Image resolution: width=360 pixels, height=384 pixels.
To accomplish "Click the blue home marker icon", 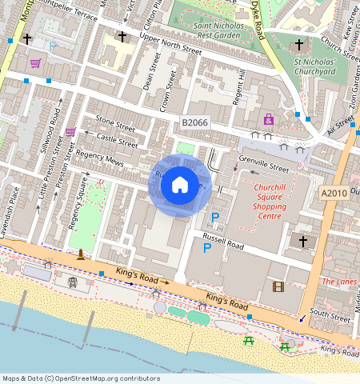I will point(180,185).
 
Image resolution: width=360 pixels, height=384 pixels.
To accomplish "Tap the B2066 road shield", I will point(195,122).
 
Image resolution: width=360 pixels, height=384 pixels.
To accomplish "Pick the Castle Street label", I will point(117,140).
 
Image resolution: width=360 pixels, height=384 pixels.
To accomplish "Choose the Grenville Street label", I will point(263,169).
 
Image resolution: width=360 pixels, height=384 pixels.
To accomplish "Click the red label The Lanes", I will point(338,282).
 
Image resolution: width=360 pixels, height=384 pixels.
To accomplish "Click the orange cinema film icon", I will point(278,286).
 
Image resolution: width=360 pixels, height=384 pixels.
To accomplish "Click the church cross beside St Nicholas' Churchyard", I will point(300,45).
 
